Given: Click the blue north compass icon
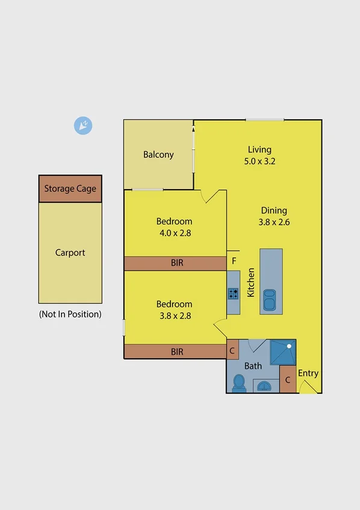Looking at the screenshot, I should pyautogui.click(x=82, y=125).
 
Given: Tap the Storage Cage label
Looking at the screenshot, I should pyautogui.click(x=70, y=188).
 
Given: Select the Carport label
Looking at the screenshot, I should pyautogui.click(x=70, y=253).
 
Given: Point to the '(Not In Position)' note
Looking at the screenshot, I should pyautogui.click(x=70, y=314).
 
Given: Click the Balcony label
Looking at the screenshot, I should pyautogui.click(x=158, y=155).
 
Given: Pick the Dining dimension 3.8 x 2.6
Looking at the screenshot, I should pyautogui.click(x=274, y=222).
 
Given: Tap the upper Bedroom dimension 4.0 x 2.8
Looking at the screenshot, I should pyautogui.click(x=174, y=233).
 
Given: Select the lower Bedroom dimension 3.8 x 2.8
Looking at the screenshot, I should pyautogui.click(x=174, y=316).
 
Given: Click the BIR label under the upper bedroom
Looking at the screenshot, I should pyautogui.click(x=176, y=263).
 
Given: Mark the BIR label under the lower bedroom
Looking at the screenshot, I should pyautogui.click(x=176, y=352).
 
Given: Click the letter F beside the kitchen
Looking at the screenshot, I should pyautogui.click(x=234, y=261).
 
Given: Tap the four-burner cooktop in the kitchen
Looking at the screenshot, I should pyautogui.click(x=233, y=294).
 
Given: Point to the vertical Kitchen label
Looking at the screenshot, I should pyautogui.click(x=251, y=281).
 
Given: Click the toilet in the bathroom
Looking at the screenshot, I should pyautogui.click(x=239, y=383).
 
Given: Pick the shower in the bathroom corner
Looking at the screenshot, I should pyautogui.click(x=282, y=353).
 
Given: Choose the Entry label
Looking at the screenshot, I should pyautogui.click(x=308, y=373).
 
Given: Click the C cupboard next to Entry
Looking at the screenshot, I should pyautogui.click(x=288, y=380).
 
